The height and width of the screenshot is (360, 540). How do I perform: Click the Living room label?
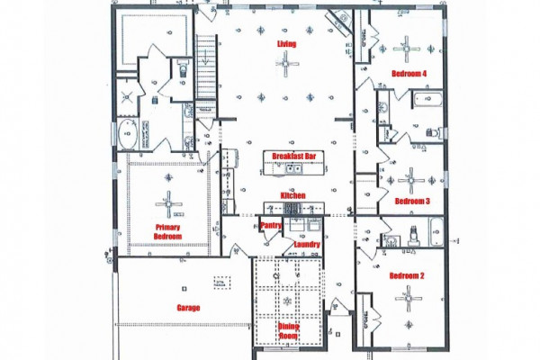[x=286, y=44]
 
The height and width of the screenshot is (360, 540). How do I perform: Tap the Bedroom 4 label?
[x=409, y=74]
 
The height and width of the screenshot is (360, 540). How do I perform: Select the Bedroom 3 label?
[x=412, y=202]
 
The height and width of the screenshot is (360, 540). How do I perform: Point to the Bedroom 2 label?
[x=407, y=275]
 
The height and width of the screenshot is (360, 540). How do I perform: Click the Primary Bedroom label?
[x=167, y=232]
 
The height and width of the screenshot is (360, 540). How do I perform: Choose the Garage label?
[x=188, y=308]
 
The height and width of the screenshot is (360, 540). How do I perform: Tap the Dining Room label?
[x=289, y=331]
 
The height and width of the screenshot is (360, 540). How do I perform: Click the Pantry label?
[x=271, y=225]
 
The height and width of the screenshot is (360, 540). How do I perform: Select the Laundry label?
[x=307, y=244]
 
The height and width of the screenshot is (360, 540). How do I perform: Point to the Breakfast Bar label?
[x=293, y=156]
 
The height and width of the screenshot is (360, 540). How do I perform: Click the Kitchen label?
[x=293, y=195]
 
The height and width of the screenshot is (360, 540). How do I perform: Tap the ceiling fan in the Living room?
[x=287, y=63]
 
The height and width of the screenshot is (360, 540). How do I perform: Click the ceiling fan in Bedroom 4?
[x=407, y=49]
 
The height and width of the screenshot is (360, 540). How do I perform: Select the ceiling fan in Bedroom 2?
[x=409, y=299]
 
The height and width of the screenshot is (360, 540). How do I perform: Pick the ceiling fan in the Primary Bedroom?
[x=168, y=204]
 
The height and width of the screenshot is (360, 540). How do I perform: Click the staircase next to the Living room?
[x=207, y=67]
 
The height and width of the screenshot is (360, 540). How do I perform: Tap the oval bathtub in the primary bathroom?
[x=128, y=134]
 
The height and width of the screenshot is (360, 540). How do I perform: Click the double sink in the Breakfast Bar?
[x=293, y=168]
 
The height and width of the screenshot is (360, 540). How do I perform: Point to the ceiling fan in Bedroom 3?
[x=411, y=180]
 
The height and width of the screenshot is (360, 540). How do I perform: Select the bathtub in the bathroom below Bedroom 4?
[x=427, y=99]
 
